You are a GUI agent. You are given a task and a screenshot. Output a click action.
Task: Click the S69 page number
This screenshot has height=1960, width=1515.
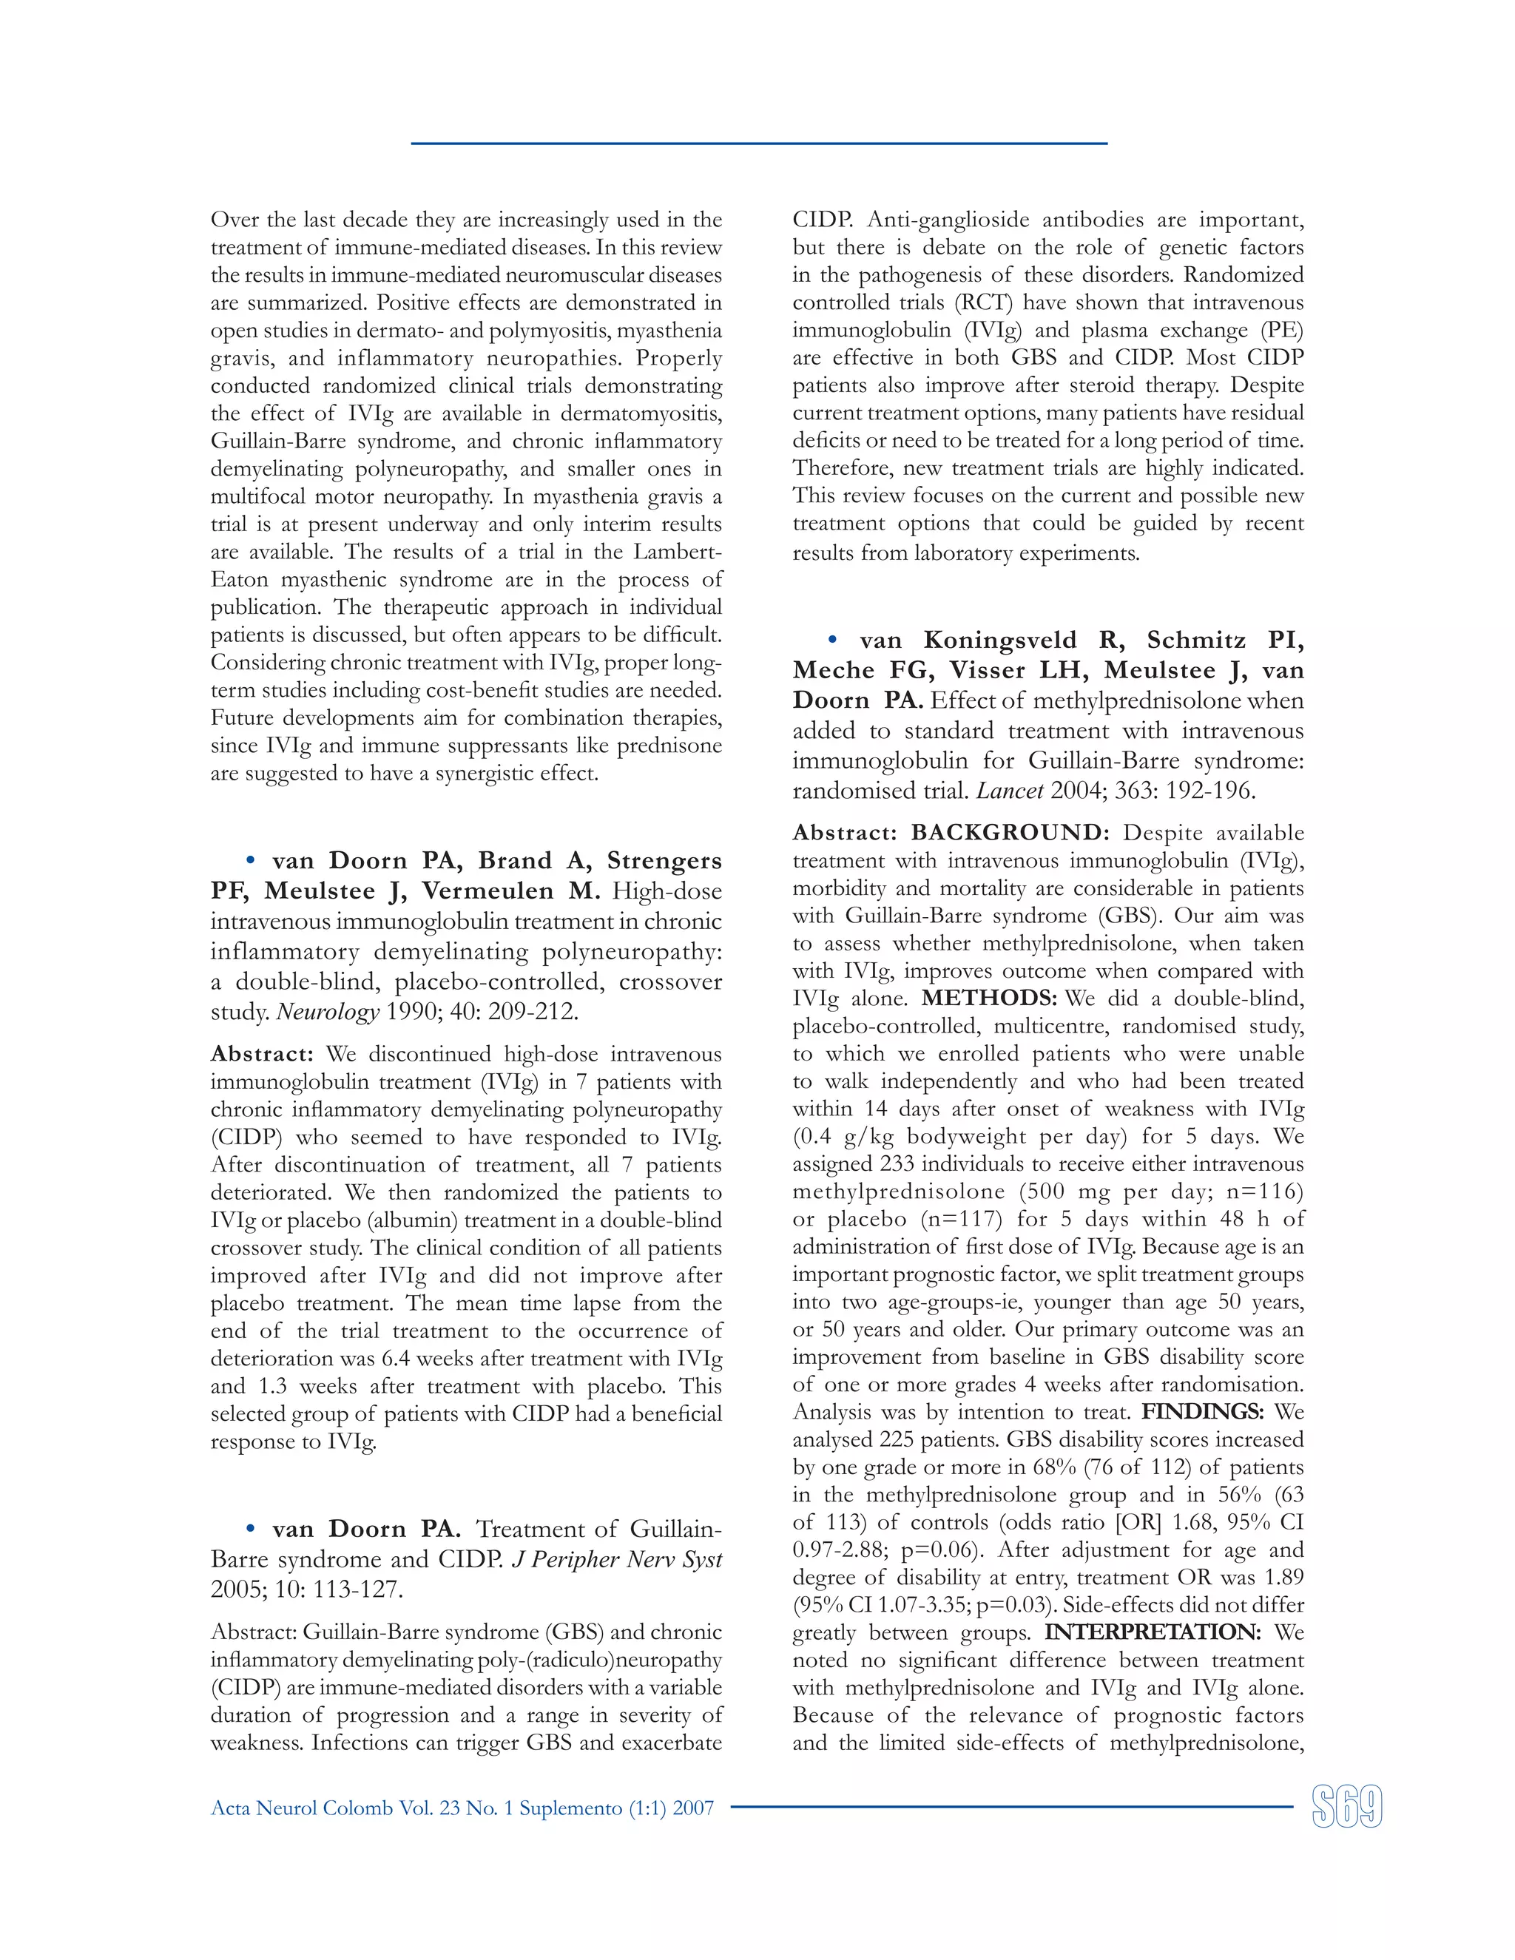coord(1346,1807)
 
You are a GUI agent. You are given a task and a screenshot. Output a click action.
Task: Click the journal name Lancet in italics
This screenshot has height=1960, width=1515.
coord(1009,791)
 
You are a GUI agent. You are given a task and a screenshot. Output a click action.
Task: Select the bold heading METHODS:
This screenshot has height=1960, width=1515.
coord(989,998)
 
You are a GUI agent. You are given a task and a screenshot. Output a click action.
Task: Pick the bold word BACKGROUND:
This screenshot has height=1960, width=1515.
coord(1010,833)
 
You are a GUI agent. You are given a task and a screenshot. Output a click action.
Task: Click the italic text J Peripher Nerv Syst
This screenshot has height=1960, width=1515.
coord(617,1560)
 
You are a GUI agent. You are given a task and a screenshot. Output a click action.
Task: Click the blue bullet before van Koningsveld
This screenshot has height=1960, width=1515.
coord(832,640)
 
